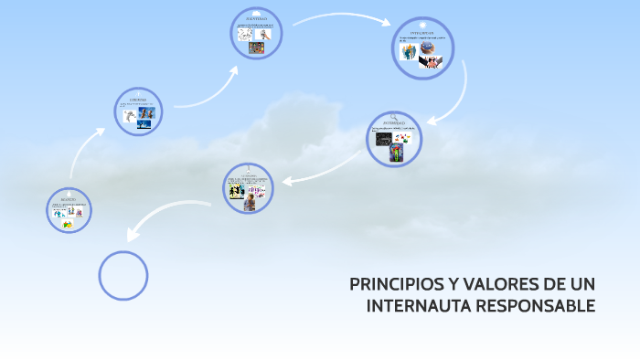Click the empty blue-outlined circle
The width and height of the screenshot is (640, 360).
click(x=123, y=274)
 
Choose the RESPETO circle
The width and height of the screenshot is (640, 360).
click(x=69, y=210)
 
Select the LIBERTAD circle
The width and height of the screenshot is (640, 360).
click(x=139, y=112)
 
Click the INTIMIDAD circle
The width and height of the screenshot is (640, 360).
click(x=394, y=139)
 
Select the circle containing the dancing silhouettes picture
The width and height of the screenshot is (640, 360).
click(x=248, y=188)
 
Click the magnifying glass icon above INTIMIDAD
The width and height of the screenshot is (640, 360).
click(x=394, y=117)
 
